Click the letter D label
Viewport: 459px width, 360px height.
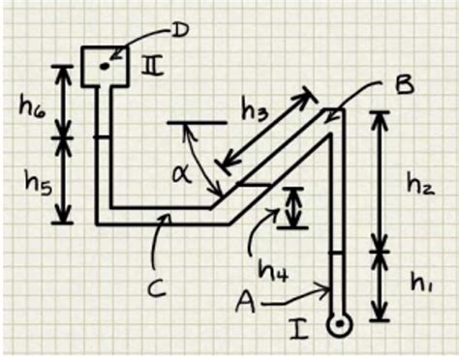180,31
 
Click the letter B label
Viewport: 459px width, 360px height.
403,86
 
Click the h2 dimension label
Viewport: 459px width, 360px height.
419,182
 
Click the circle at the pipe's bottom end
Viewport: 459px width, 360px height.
338,325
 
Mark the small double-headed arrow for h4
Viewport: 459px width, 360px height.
291,207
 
